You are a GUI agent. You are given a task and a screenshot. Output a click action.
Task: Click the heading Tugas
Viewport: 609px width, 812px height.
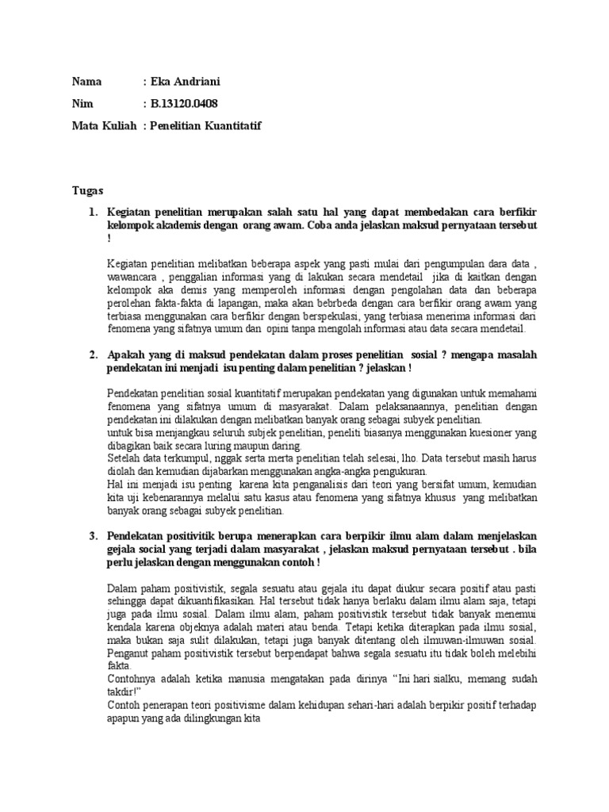pyautogui.click(x=87, y=191)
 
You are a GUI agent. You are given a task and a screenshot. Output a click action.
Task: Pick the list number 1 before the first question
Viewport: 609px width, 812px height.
pyautogui.click(x=92, y=213)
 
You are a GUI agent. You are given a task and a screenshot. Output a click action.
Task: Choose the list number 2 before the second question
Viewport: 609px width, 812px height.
pyautogui.click(x=92, y=355)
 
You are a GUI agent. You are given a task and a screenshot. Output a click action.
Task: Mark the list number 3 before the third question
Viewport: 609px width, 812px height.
pyautogui.click(x=92, y=537)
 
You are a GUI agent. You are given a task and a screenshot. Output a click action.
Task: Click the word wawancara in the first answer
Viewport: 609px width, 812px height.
pyautogui.click(x=132, y=278)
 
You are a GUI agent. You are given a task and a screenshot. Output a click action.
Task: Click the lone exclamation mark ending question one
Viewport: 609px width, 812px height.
pyautogui.click(x=109, y=238)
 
